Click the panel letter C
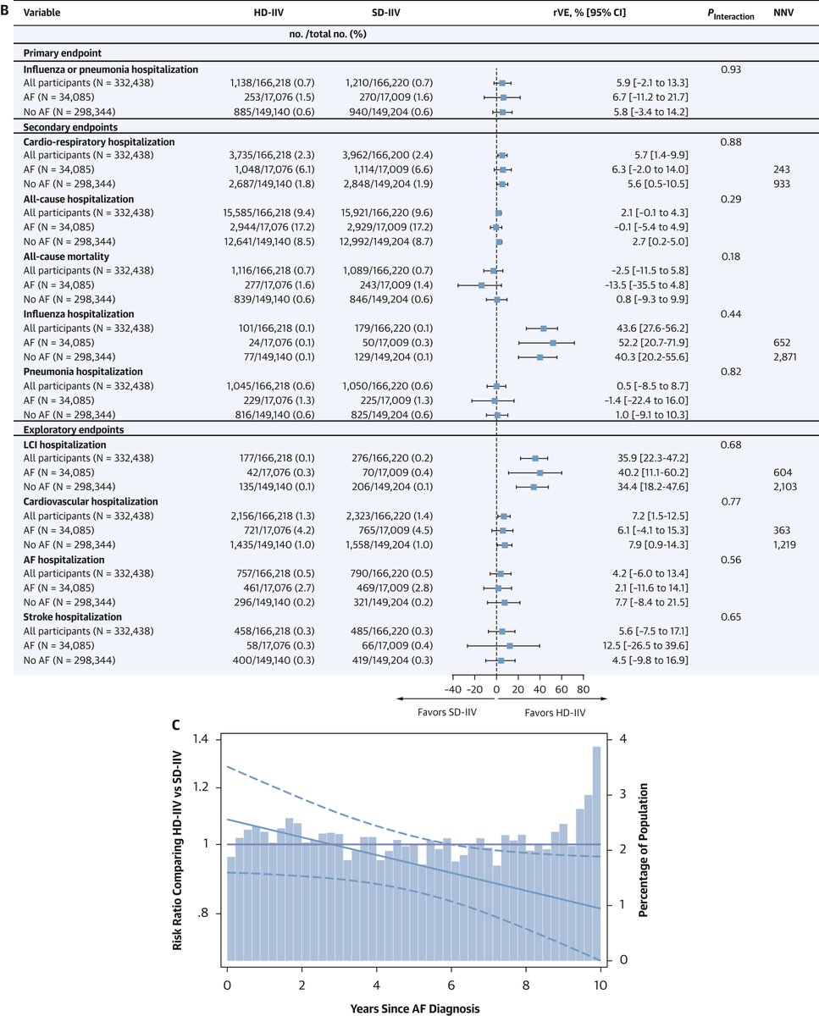[174, 726]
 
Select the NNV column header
[783, 14]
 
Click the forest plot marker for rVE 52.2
[553, 342]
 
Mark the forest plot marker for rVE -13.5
[481, 284]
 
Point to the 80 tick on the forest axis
[584, 688]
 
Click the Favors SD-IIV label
[448, 712]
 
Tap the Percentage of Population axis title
[643, 850]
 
